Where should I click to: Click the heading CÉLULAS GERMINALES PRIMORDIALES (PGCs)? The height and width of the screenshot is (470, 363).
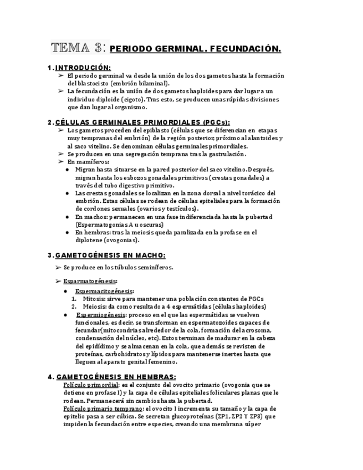(142, 122)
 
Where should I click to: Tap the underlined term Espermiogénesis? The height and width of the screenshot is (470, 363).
(105, 314)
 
